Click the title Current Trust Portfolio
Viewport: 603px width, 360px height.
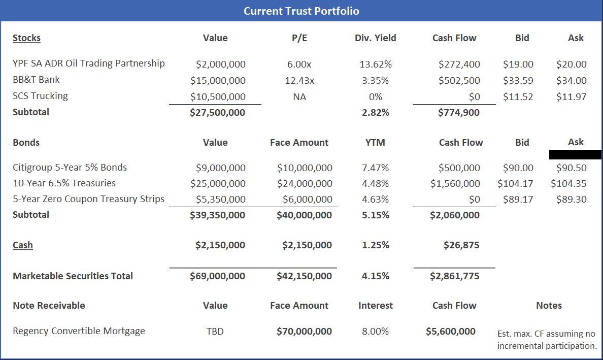click(x=301, y=11)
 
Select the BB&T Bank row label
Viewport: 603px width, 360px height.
click(x=36, y=80)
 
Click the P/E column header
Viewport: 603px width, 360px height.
click(x=299, y=38)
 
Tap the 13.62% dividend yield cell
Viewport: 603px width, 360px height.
click(x=376, y=64)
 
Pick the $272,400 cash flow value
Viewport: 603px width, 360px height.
click(x=459, y=64)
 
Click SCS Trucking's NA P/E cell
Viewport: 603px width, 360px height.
click(x=299, y=96)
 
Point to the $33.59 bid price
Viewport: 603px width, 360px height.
click(x=518, y=80)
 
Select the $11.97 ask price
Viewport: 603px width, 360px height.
click(x=571, y=96)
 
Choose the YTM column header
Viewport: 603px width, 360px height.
click(x=375, y=143)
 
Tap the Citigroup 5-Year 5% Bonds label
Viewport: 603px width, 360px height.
click(x=70, y=167)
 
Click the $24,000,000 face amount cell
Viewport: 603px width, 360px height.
click(x=305, y=183)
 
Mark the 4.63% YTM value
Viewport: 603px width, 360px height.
click(x=376, y=199)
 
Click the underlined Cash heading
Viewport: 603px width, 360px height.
click(x=23, y=245)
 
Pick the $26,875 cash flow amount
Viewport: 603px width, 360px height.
click(x=461, y=245)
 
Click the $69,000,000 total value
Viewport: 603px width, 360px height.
click(x=217, y=276)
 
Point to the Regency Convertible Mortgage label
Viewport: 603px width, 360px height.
click(x=79, y=331)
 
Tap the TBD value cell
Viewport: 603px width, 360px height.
click(x=215, y=332)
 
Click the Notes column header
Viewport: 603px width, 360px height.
click(x=549, y=306)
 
